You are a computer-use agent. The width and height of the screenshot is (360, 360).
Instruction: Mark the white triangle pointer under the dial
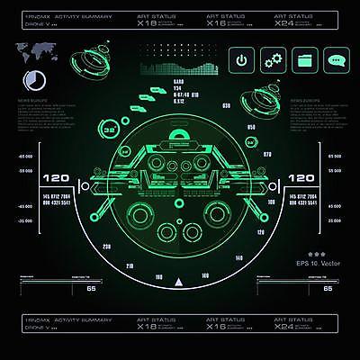click(x=180, y=284)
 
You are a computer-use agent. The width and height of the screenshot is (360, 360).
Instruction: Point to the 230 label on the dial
click(x=107, y=246)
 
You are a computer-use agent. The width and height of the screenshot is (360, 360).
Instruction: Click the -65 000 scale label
click(x=24, y=157)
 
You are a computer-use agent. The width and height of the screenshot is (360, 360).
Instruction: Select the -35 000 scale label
click(x=24, y=207)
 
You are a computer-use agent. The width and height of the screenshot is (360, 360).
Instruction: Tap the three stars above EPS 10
click(x=317, y=254)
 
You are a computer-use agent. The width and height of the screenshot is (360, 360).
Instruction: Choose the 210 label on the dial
click(x=130, y=265)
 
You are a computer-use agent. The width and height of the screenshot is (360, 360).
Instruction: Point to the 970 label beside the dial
click(x=266, y=155)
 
